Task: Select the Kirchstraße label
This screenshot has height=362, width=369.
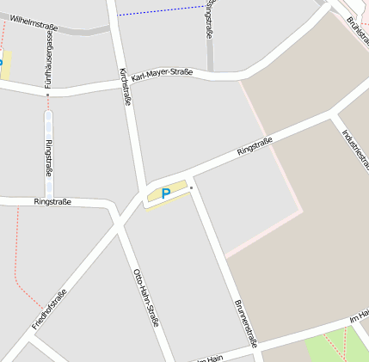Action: [125, 86]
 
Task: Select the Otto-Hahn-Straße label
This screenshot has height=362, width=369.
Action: [145, 297]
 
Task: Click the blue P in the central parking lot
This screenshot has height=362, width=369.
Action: [166, 194]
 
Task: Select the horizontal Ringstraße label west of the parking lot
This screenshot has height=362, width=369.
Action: [52, 202]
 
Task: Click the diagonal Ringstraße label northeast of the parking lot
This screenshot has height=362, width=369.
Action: [255, 146]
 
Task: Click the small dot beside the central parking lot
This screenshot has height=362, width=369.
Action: [192, 187]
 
